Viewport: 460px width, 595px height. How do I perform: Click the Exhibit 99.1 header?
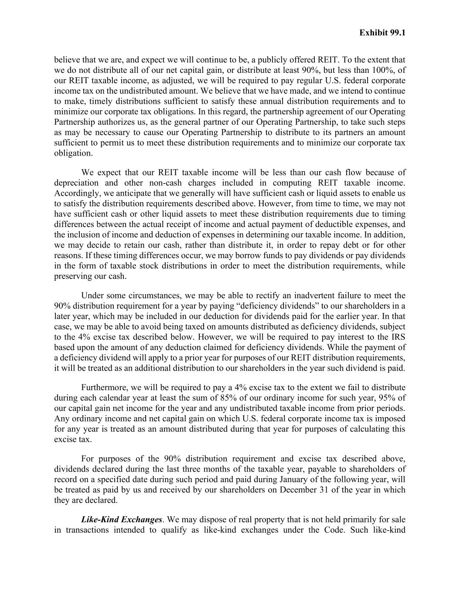point(382,33)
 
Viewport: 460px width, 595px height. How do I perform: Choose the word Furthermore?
point(104,388)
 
